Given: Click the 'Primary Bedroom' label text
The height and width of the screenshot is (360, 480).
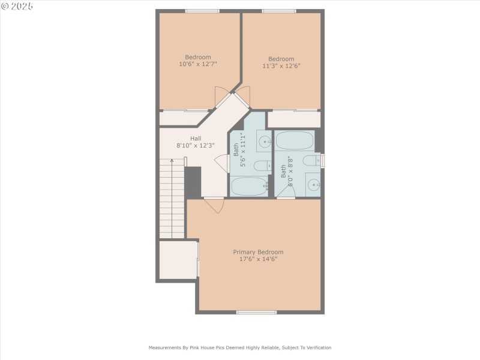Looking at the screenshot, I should pos(258,252).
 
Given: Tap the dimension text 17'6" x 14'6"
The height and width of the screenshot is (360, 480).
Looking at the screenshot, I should pos(258,260).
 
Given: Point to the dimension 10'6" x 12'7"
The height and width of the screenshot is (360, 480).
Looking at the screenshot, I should pos(197,64).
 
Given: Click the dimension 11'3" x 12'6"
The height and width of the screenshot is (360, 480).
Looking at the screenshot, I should pos(281,66).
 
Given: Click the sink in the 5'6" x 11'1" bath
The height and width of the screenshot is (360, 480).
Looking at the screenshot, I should pos(265,142).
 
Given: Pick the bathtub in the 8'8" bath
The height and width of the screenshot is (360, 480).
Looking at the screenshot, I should pos(294,141).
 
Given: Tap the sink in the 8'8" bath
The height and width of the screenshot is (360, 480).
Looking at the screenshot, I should pos(313,185).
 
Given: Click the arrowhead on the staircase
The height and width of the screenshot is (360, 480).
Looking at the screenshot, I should pos(172,161).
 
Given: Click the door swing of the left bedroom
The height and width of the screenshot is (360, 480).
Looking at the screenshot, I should pos(221,96).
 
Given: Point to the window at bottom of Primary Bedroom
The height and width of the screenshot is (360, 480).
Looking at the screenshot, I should pos(256,312).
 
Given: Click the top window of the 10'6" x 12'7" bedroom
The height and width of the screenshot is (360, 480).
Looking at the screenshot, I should pos(202,11).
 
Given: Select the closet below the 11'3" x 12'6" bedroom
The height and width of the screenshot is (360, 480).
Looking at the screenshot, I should pos(293,119).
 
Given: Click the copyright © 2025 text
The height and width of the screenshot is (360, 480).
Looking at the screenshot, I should pos(17,6).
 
